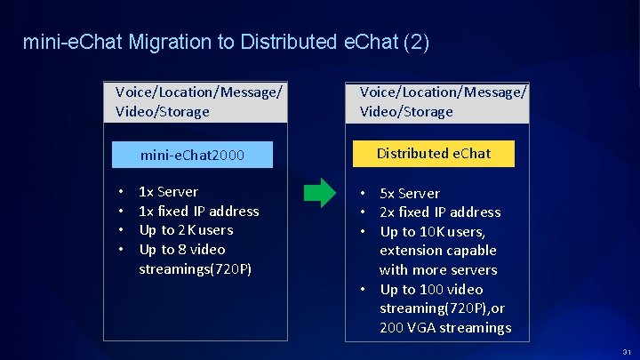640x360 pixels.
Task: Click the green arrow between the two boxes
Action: coord(316,193)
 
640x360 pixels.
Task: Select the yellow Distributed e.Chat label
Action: coord(433,154)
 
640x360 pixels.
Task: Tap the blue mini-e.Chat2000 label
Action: coord(192,156)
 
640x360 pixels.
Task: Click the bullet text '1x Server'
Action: coord(169,191)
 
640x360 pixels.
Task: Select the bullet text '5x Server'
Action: coord(410,193)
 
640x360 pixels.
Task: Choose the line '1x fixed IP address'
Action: coord(199,211)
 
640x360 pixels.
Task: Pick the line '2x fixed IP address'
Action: coord(440,212)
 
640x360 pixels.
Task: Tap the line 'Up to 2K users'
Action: coord(186,229)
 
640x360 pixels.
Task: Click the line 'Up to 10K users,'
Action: coord(432,231)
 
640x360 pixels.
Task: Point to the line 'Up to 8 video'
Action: coord(182,249)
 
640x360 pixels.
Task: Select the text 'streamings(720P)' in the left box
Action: coord(195,268)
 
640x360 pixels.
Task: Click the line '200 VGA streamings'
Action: coord(445,327)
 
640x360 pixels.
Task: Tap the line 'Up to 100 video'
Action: coord(431,289)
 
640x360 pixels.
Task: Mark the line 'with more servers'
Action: coord(438,269)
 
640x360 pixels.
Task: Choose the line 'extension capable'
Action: coord(438,251)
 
